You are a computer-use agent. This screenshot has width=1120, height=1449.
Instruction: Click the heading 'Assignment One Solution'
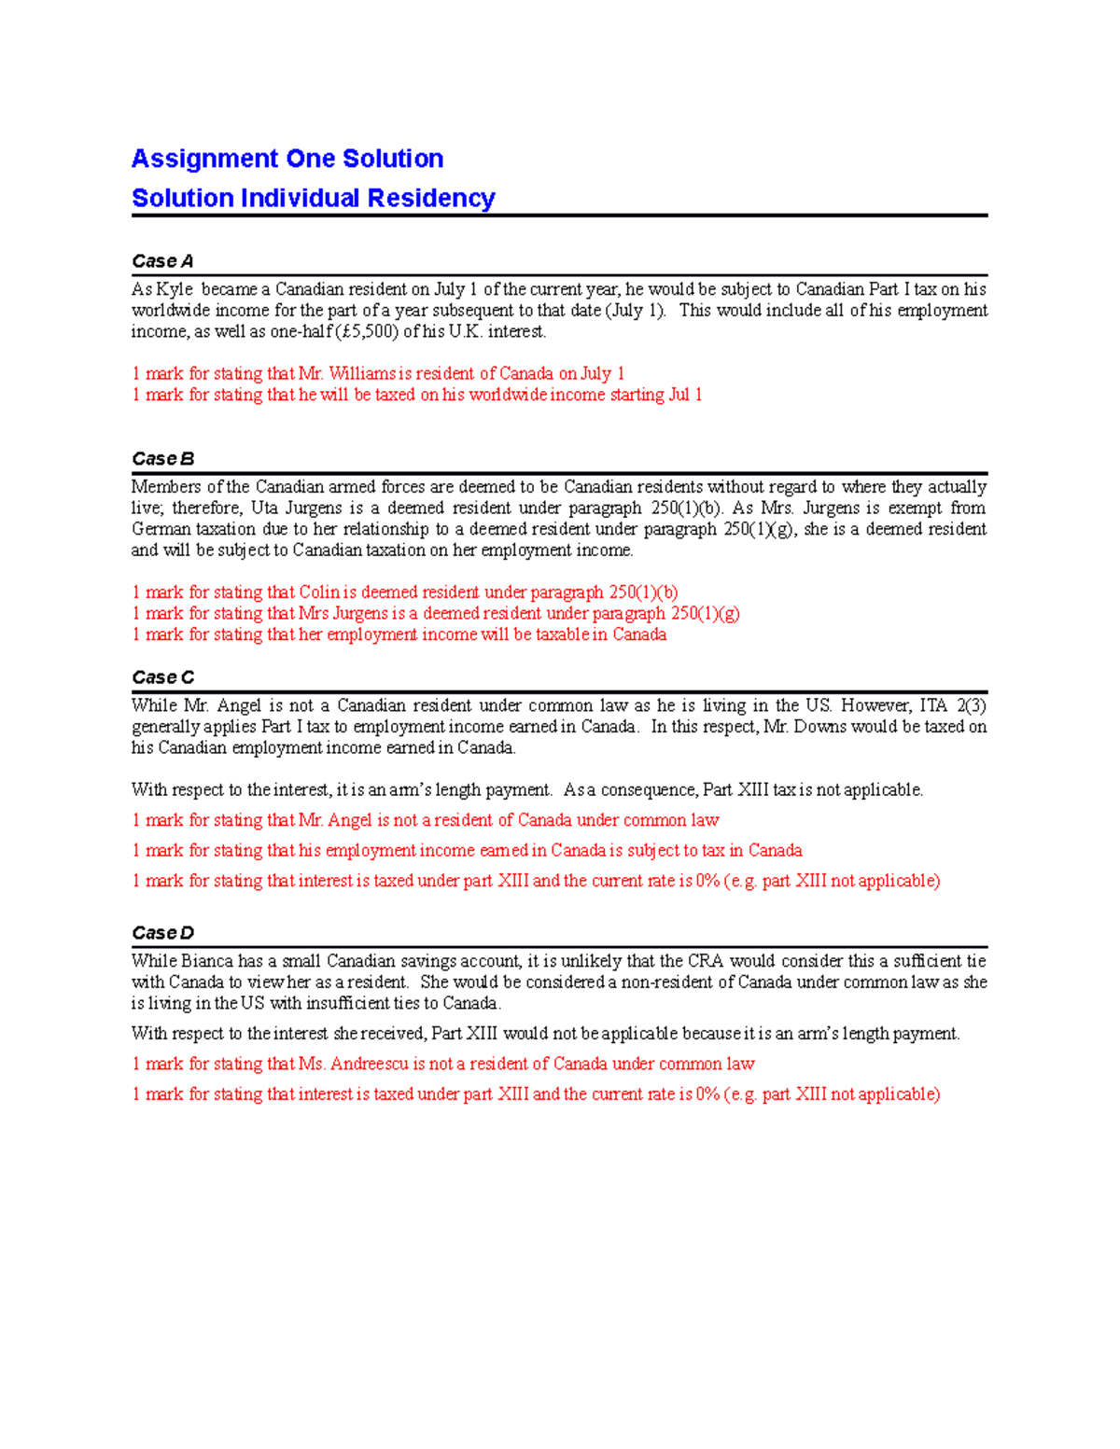[287, 159]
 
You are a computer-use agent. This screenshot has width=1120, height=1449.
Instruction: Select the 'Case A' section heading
[162, 261]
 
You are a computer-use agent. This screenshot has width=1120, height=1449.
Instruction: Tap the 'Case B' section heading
[162, 459]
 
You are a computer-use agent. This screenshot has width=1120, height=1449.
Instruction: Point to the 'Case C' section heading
[162, 677]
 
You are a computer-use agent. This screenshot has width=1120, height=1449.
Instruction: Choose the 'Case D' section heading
[162, 933]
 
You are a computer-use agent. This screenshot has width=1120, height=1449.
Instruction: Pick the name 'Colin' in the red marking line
[319, 592]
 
